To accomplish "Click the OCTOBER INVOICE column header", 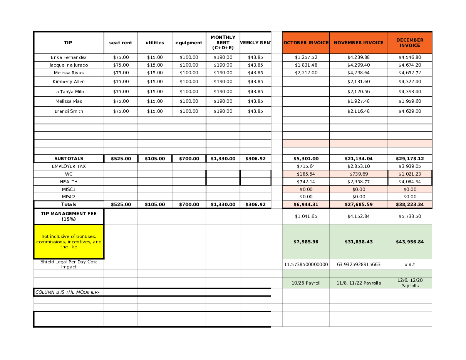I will pyautogui.click(x=306, y=43).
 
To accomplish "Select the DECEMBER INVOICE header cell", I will pyautogui.click(x=410, y=43).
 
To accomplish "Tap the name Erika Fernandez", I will pyautogui.click(x=69, y=57).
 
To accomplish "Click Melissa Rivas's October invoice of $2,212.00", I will pyautogui.click(x=306, y=73).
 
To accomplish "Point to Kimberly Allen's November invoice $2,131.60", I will pyautogui.click(x=359, y=82).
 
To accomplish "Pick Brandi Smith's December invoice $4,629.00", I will pyautogui.click(x=410, y=111).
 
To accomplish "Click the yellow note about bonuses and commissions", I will pyautogui.click(x=69, y=241).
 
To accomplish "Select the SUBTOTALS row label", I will pyautogui.click(x=69, y=159).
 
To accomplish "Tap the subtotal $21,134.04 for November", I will pyautogui.click(x=359, y=159).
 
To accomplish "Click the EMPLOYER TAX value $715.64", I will pyautogui.click(x=306, y=166).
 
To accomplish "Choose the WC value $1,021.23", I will pyautogui.click(x=410, y=174).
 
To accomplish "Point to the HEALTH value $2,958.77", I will pyautogui.click(x=359, y=182).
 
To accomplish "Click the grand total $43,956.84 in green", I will pyautogui.click(x=410, y=242).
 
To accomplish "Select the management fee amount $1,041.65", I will pyautogui.click(x=306, y=216).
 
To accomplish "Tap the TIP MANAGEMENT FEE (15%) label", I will pyautogui.click(x=69, y=216).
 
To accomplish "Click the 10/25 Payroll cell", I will pyautogui.click(x=306, y=283).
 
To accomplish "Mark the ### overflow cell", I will pyautogui.click(x=410, y=265).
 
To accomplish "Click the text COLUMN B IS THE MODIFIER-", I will pyautogui.click(x=67, y=292).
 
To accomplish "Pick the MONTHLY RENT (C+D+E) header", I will pyautogui.click(x=223, y=43).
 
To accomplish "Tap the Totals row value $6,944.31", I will pyautogui.click(x=306, y=204).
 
